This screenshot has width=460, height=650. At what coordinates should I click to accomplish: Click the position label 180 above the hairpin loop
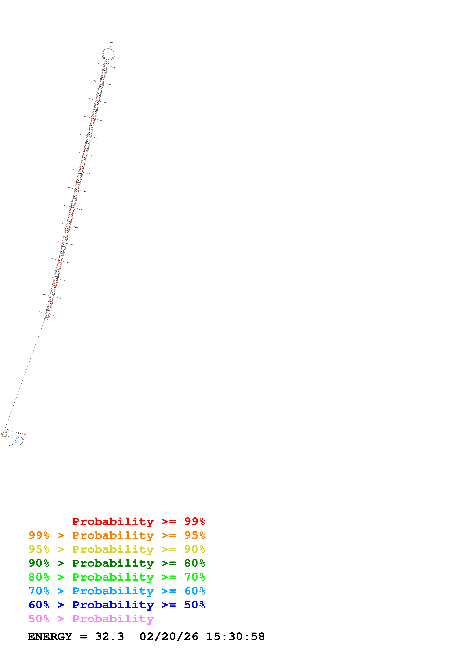111,42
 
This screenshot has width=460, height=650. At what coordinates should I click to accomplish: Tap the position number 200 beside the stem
110,85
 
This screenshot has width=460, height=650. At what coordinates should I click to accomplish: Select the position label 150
90,99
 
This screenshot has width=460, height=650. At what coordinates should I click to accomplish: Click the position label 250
89,174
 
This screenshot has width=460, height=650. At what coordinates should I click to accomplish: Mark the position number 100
69,188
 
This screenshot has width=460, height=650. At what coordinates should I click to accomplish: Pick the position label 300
68,263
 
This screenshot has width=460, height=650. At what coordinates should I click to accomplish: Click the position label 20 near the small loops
12,438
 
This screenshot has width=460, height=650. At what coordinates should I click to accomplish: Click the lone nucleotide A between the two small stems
12,431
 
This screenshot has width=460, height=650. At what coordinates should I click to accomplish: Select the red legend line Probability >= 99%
138,521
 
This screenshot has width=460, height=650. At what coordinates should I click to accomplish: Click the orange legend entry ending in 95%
117,535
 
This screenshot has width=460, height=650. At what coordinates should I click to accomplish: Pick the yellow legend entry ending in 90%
117,549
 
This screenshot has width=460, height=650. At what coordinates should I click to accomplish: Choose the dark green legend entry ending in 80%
117,563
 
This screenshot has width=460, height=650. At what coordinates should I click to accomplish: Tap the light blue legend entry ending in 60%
117,591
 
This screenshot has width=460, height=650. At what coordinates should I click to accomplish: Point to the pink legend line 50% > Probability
91,619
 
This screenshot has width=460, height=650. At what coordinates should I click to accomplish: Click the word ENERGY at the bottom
50,637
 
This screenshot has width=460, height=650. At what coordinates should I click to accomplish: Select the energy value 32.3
109,637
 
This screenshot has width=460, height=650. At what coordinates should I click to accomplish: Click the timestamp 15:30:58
235,637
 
